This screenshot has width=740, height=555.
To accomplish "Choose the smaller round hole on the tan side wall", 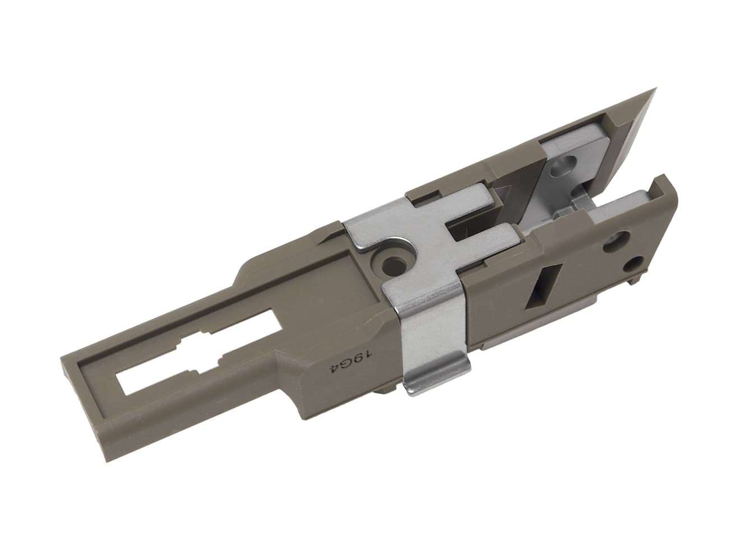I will (635, 263).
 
